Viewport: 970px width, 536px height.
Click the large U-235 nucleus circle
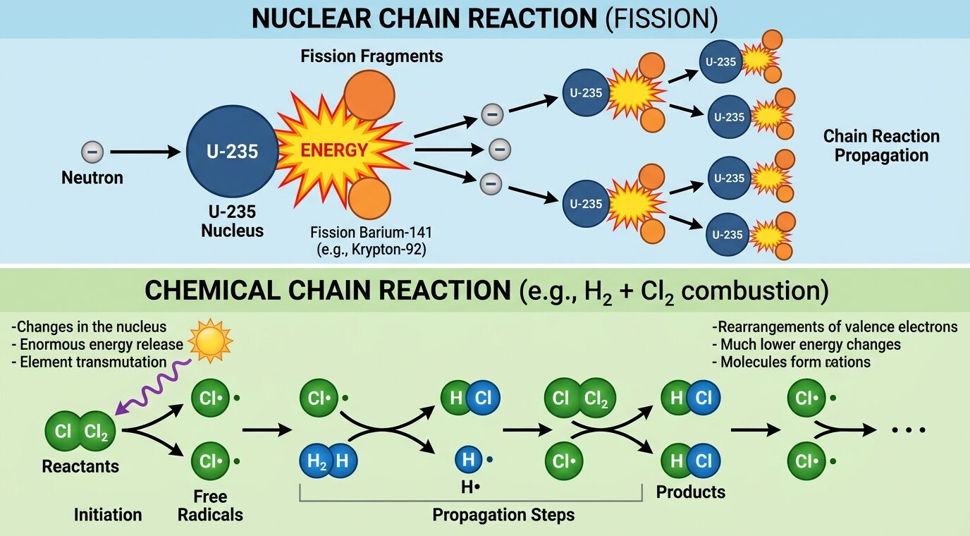click(232, 151)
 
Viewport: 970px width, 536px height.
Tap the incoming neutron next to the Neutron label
click(92, 152)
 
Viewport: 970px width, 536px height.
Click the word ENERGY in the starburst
click(334, 150)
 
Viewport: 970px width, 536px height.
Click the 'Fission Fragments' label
click(372, 56)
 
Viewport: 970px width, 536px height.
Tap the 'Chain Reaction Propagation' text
click(881, 145)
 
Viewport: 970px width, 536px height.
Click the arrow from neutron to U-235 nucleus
click(145, 152)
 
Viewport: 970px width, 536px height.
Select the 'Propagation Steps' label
click(503, 515)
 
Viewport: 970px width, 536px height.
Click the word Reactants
click(80, 466)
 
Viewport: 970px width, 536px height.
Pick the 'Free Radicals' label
click(210, 506)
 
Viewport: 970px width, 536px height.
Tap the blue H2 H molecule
click(329, 461)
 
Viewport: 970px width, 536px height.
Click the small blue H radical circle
click(468, 460)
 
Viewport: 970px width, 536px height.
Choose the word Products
click(691, 492)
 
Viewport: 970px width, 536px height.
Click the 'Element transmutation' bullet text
click(89, 362)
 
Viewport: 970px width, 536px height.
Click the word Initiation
click(108, 515)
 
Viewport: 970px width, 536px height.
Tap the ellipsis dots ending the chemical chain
click(907, 430)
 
